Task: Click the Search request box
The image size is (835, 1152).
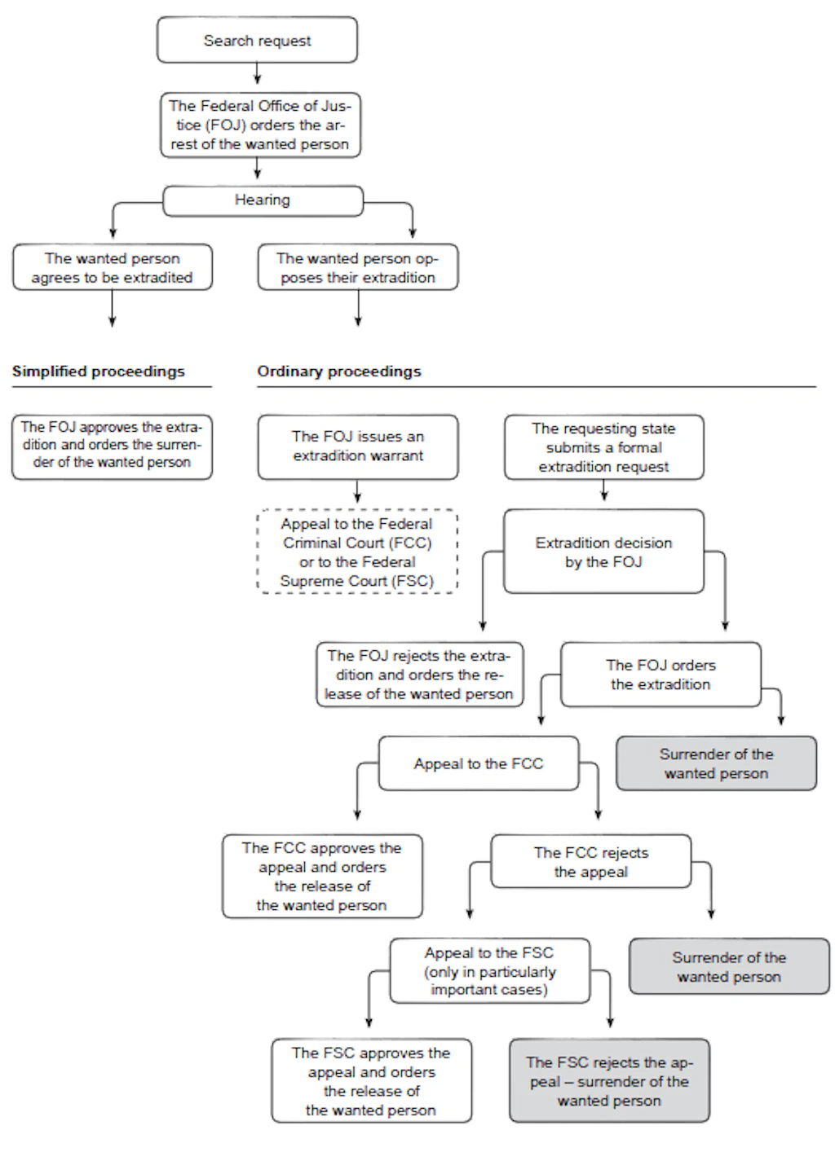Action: tap(257, 40)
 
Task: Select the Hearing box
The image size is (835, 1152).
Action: tap(263, 201)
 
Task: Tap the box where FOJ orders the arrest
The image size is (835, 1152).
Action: tap(260, 125)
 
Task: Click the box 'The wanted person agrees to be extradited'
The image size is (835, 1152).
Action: tap(113, 267)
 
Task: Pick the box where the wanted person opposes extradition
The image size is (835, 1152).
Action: tap(358, 267)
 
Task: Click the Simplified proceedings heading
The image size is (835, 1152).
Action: tap(99, 372)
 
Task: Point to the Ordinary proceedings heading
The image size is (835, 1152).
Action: tap(339, 372)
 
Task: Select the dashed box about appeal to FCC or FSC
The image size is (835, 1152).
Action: tap(357, 552)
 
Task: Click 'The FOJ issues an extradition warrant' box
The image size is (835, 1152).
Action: tap(358, 447)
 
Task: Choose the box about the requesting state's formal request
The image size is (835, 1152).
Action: tap(604, 447)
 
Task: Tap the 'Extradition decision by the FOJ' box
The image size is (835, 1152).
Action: tap(604, 552)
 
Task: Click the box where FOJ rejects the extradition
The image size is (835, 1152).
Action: tap(420, 675)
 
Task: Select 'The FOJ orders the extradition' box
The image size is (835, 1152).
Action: tap(661, 675)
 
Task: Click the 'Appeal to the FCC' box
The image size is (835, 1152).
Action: tap(479, 763)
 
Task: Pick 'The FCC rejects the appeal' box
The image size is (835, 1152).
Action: tap(591, 862)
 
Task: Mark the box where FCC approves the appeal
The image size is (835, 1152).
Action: tap(322, 877)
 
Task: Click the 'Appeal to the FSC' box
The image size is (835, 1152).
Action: tap(489, 971)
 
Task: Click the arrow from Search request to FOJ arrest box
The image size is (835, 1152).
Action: tap(258, 73)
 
